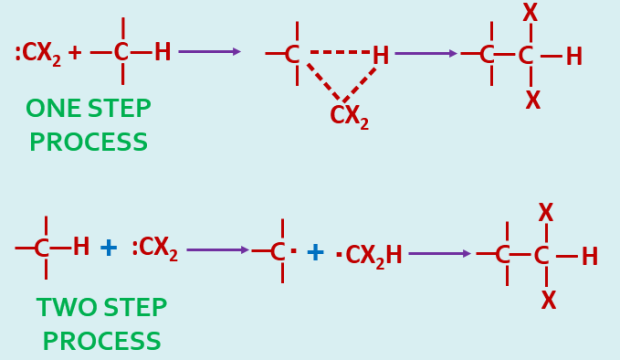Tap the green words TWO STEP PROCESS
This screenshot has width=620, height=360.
tap(101, 324)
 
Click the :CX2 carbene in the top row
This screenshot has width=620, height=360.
tap(38, 53)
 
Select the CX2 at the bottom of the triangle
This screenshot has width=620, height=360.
tap(349, 116)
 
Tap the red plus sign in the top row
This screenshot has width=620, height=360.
tap(75, 53)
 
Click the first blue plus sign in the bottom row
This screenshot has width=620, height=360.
tap(108, 248)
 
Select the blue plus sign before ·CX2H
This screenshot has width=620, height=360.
tap(315, 253)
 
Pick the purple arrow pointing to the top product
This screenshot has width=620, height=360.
tap(425, 53)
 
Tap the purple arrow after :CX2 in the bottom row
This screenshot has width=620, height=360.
tap(217, 250)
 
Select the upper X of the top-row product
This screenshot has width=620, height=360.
tap(530, 13)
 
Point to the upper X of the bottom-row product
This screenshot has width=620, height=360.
tap(545, 212)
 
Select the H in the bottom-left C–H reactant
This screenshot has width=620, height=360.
tap(81, 247)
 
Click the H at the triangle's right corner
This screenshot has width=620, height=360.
tap(381, 56)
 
